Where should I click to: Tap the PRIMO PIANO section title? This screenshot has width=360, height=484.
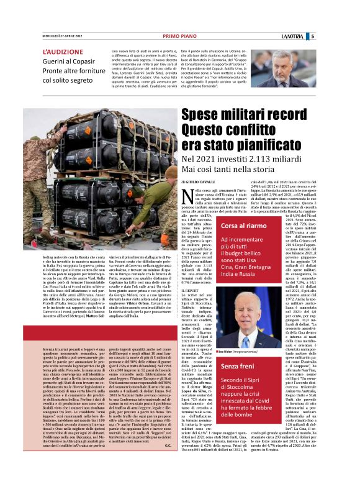(x=180, y=36)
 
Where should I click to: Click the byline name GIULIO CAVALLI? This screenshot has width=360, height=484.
(x=202, y=180)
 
